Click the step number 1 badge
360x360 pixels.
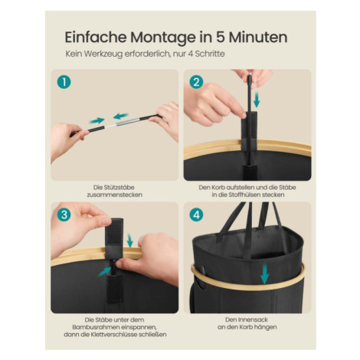(64, 82)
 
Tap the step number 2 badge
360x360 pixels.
(196, 82)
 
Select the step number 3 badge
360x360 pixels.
(64, 214)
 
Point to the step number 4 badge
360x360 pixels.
(196, 214)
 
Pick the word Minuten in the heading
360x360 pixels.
(258, 38)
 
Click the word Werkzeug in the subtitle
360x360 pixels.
(103, 54)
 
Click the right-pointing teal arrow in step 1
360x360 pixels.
(97, 120)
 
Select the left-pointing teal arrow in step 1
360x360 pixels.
(120, 116)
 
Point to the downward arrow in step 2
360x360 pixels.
(257, 100)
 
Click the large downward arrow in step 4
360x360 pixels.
(265, 273)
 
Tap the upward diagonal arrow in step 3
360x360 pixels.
(104, 271)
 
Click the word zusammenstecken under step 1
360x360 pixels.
(115, 195)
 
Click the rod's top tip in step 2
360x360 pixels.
(249, 77)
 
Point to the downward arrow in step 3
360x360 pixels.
(130, 241)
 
